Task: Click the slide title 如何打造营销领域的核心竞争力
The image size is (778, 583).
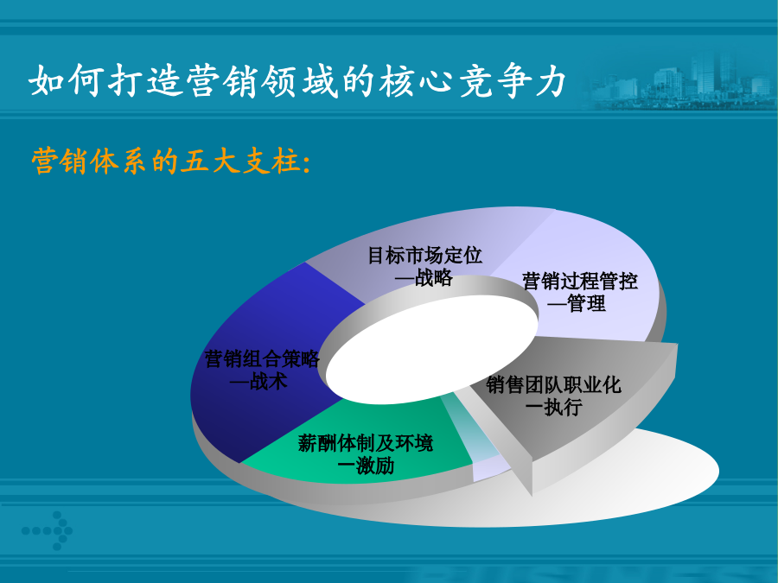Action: (297, 80)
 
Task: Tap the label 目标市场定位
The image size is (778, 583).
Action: (424, 256)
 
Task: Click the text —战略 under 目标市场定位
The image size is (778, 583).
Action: (424, 277)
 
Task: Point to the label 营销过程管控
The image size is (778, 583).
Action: (579, 281)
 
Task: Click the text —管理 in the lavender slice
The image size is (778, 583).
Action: (577, 303)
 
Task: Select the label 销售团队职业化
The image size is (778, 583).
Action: (553, 384)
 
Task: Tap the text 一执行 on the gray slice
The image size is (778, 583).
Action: (554, 407)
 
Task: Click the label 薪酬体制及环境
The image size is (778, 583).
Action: (366, 443)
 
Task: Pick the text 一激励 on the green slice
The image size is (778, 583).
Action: (366, 466)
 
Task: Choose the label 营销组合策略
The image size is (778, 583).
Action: (262, 359)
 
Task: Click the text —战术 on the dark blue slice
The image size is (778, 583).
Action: (258, 381)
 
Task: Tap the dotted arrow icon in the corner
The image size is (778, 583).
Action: (48, 530)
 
